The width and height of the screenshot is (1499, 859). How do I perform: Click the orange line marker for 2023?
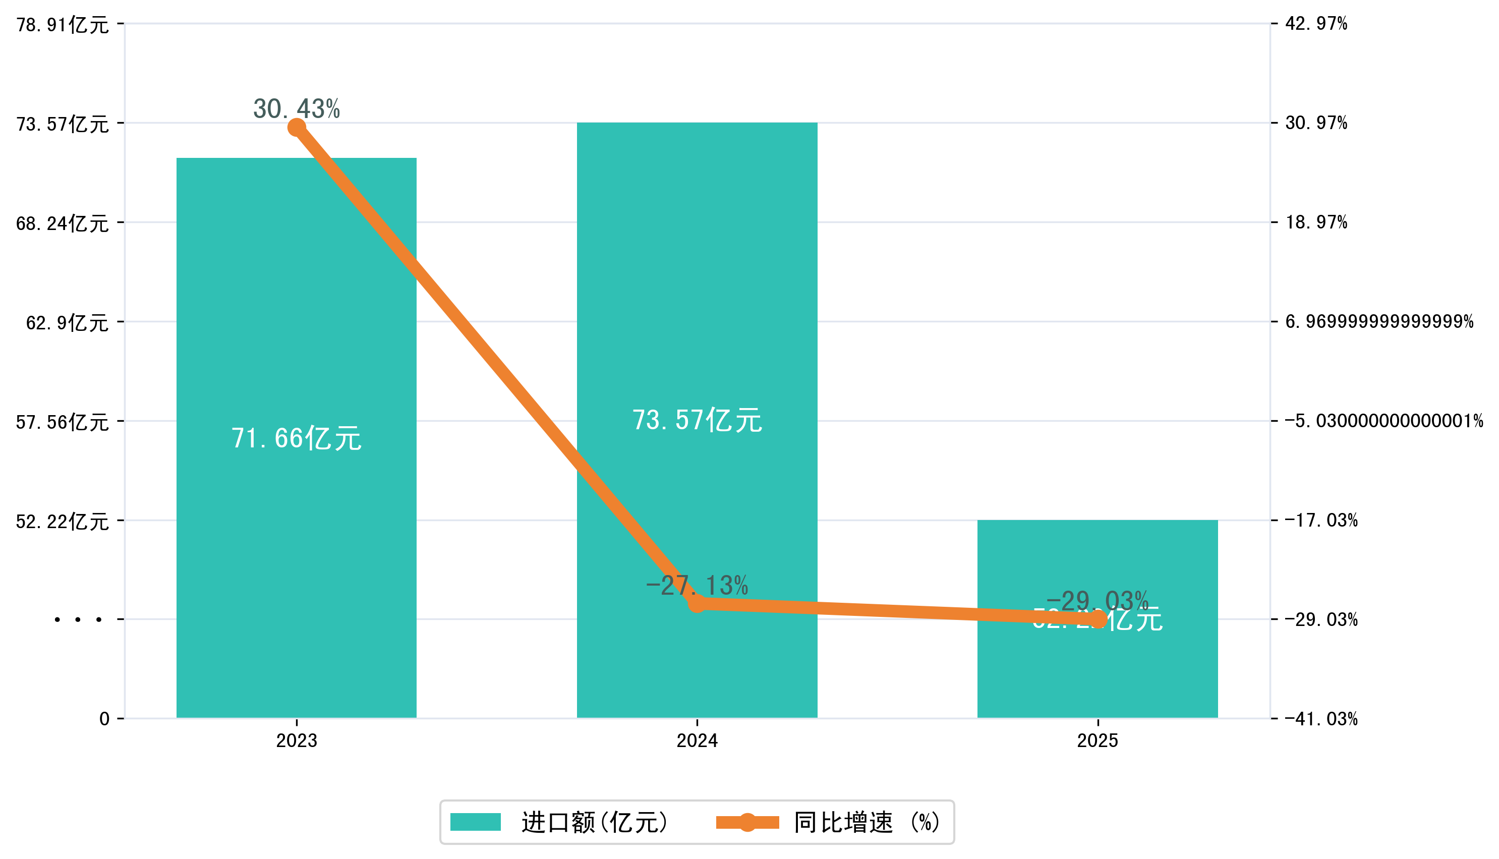point(296,128)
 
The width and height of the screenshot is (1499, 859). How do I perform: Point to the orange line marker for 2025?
point(1097,619)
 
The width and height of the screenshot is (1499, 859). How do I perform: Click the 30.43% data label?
point(296,108)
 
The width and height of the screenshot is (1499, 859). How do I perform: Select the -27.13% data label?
point(697,586)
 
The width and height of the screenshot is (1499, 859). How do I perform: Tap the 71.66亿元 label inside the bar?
point(296,438)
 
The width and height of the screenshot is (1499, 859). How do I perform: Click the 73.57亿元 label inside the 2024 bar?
point(697,420)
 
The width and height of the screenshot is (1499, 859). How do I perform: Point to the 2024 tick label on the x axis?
point(697,741)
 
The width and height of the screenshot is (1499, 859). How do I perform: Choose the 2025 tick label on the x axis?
point(1097,741)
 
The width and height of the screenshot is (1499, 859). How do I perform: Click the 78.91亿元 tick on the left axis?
point(63,25)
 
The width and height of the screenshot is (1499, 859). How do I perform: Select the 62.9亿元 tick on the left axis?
point(67,323)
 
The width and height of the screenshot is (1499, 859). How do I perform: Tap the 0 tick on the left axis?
point(104,719)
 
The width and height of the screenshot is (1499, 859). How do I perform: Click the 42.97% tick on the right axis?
point(1316,24)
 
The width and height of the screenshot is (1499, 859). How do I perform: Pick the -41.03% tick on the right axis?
point(1321,719)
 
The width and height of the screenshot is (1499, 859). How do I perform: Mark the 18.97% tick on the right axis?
point(1316,222)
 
